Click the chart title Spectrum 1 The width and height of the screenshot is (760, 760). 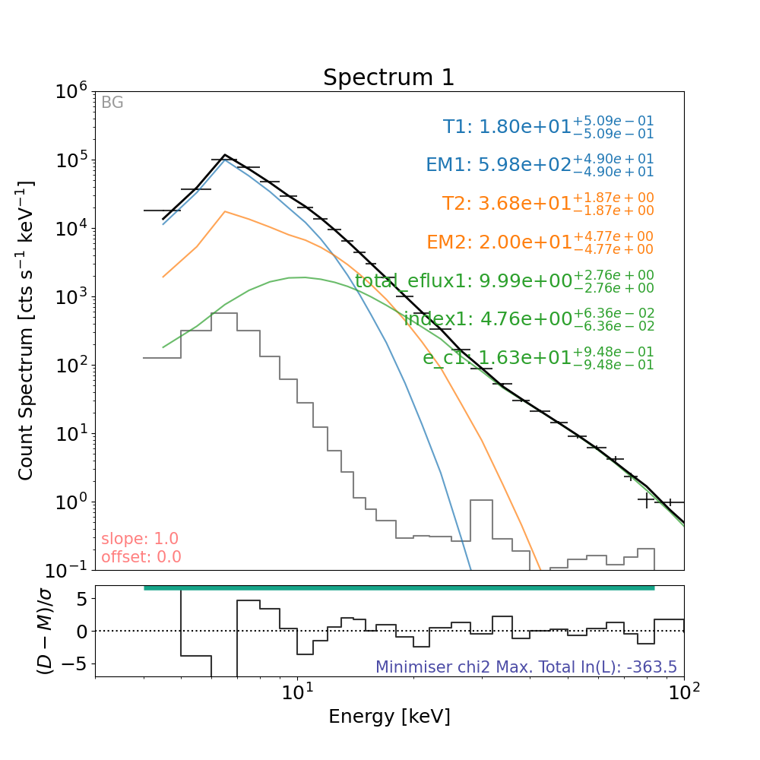click(389, 78)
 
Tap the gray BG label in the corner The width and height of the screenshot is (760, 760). click(112, 103)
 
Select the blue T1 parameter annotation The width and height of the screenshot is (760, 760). click(548, 127)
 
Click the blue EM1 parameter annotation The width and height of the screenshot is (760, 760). click(540, 166)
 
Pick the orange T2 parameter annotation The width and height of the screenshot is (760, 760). click(547, 204)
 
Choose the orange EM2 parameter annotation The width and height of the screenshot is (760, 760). click(540, 242)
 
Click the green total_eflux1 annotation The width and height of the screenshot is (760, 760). click(504, 281)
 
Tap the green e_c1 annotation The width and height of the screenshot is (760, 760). click(538, 358)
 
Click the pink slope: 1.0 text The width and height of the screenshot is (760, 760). click(140, 539)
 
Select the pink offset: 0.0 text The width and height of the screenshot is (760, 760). click(141, 557)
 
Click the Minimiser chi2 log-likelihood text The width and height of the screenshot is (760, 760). click(526, 667)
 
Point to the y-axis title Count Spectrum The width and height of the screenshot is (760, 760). click(27, 331)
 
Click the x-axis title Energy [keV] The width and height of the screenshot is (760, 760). click(389, 716)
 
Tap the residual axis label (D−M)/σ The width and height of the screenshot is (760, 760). click(45, 631)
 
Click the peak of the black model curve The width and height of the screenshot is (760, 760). click(225, 155)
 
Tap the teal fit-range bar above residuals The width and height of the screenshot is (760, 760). click(399, 587)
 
